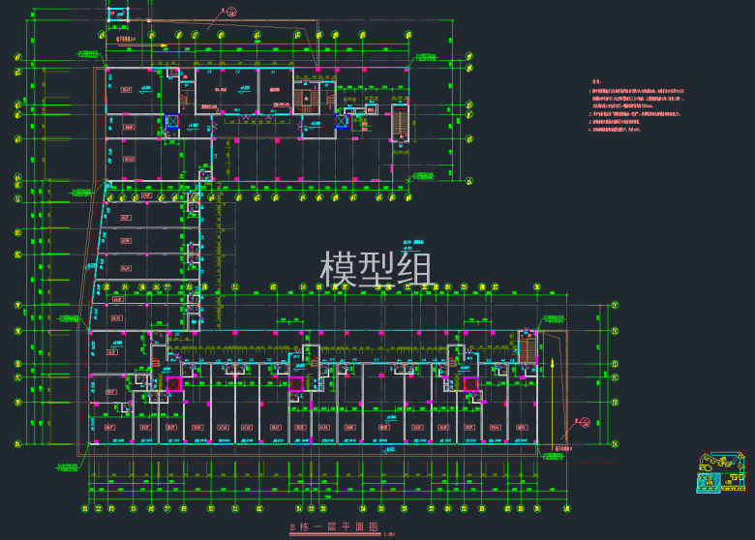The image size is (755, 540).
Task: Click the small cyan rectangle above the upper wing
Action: point(116,15)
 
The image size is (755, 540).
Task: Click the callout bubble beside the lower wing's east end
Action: point(583,420)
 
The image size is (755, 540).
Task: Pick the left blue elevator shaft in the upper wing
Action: point(171,122)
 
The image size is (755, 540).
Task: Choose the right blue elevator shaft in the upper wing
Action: point(341,121)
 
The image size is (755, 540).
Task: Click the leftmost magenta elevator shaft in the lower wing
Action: point(173,384)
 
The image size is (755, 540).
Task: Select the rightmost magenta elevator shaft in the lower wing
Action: point(470,384)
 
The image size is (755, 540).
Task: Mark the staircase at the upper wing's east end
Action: point(398,124)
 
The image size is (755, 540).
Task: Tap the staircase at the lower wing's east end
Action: point(528,348)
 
